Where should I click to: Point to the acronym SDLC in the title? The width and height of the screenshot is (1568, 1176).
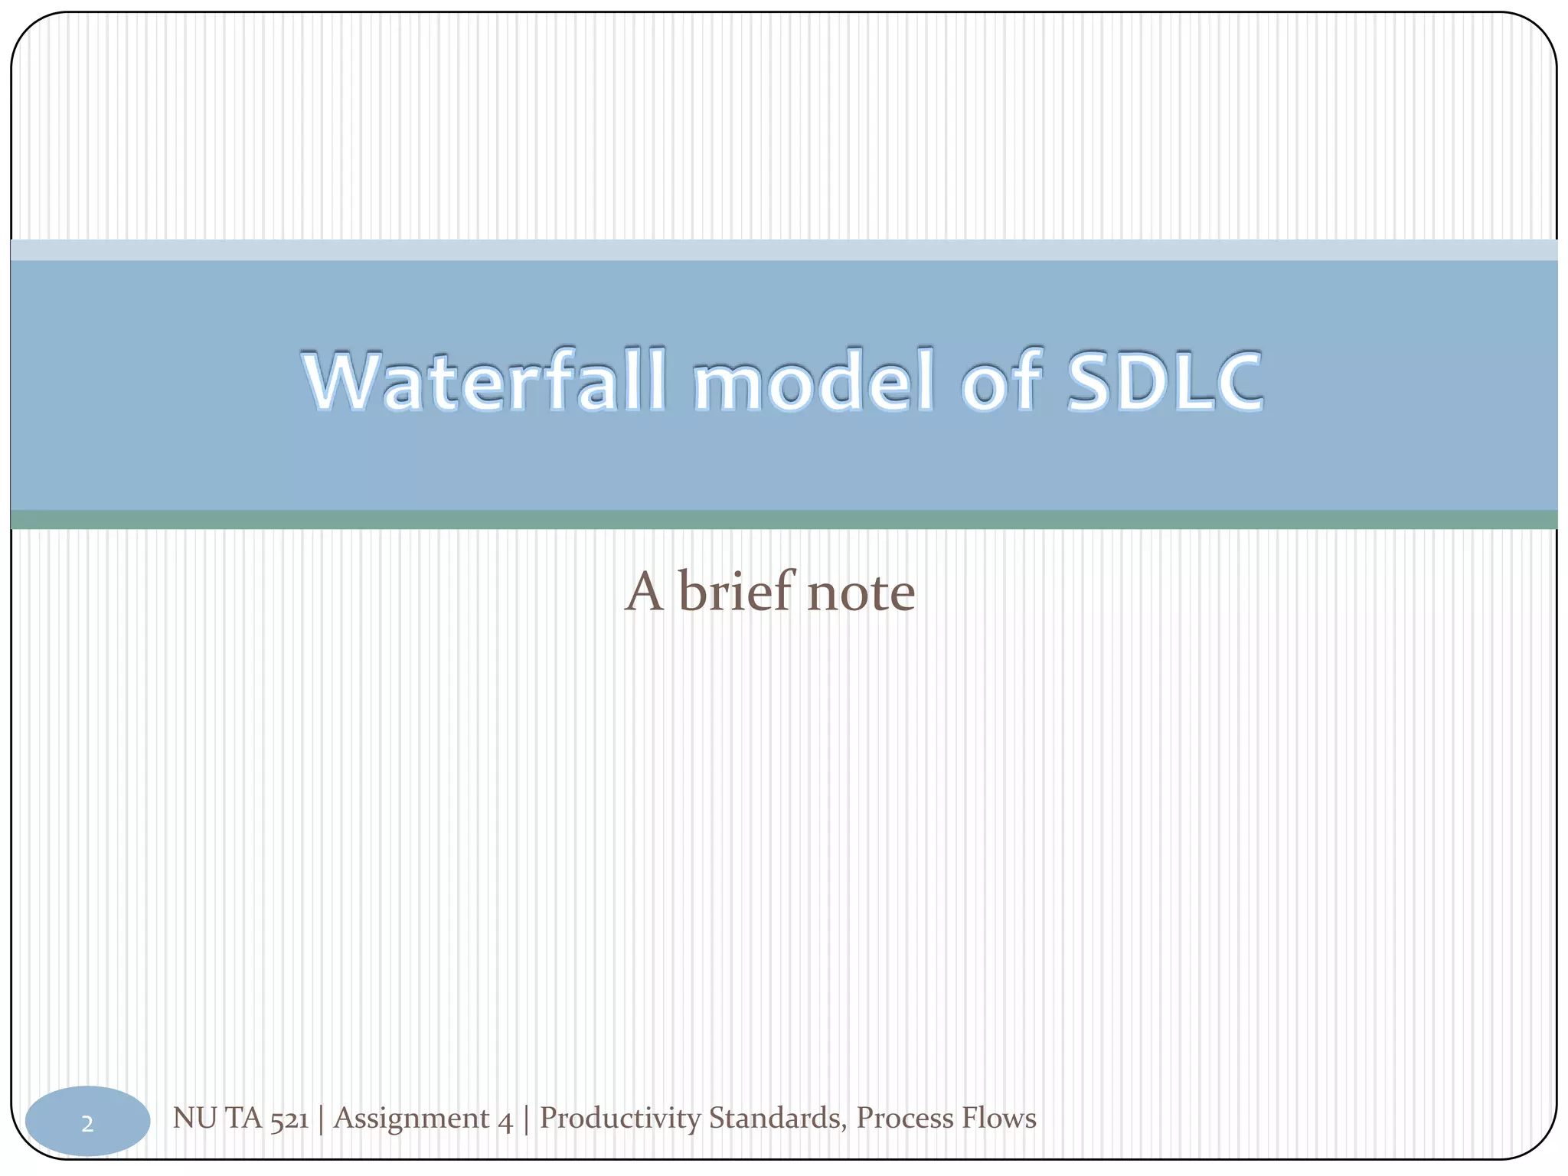coord(1164,381)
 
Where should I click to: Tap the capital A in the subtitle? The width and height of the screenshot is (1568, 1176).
coord(644,593)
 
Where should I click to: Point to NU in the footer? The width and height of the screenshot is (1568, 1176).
coord(194,1119)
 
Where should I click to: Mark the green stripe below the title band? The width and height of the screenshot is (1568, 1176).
coord(784,520)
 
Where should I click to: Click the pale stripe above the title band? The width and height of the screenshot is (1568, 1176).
coord(784,250)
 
